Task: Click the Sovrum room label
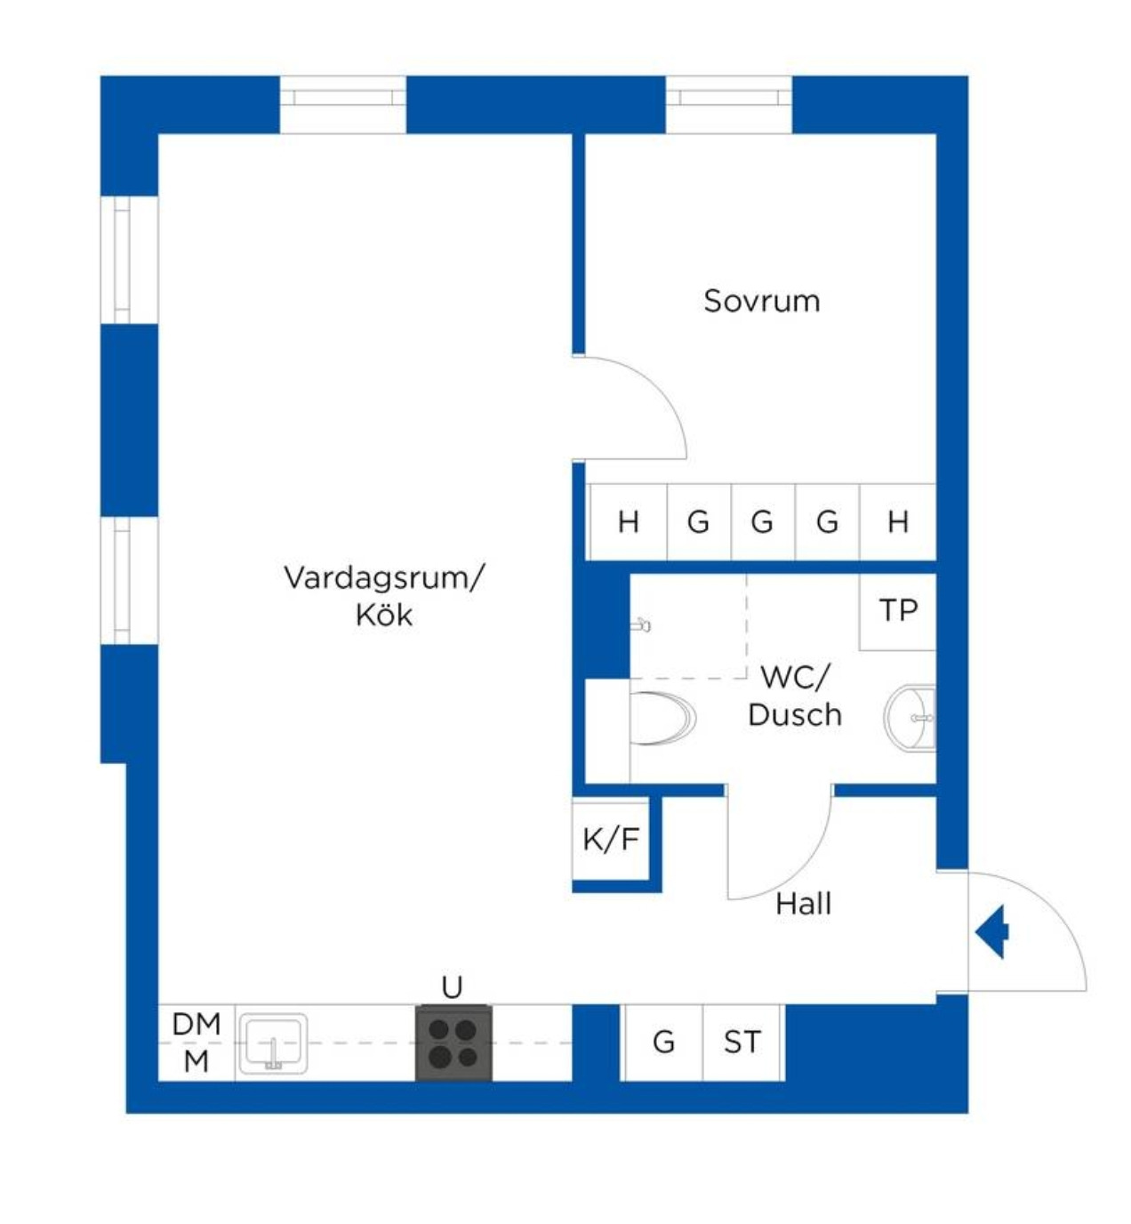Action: click(761, 301)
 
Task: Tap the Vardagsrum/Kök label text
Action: click(384, 595)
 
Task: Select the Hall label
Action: click(803, 904)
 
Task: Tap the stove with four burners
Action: click(453, 1043)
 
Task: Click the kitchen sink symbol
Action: click(273, 1043)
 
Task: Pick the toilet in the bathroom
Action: click(662, 718)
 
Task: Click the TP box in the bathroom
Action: click(897, 611)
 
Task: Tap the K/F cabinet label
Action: click(611, 839)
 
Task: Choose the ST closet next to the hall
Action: click(742, 1042)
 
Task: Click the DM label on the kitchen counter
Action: click(196, 1024)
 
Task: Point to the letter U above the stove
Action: click(452, 987)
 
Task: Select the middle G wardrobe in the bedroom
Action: click(762, 522)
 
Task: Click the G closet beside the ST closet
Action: click(663, 1042)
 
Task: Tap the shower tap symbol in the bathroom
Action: click(641, 625)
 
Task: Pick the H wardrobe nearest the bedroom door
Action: click(628, 522)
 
